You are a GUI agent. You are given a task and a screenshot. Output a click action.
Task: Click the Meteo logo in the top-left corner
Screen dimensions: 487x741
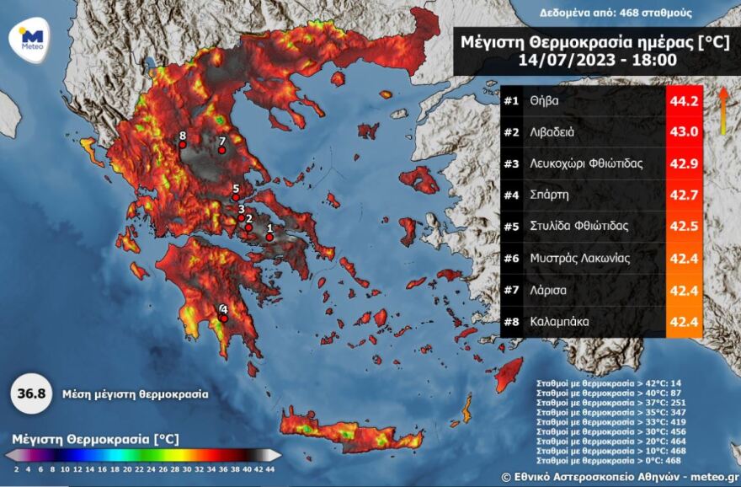click(x=31, y=39)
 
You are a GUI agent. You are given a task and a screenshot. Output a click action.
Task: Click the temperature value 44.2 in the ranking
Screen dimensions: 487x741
click(x=684, y=101)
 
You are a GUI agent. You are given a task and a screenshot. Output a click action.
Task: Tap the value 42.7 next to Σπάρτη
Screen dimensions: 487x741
click(x=684, y=195)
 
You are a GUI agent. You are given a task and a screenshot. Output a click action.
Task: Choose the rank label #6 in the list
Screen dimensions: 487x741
click(x=511, y=258)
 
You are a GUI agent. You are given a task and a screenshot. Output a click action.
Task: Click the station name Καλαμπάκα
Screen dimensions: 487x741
click(x=560, y=321)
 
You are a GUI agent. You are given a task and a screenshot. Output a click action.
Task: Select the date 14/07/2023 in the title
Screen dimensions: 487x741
click(x=558, y=59)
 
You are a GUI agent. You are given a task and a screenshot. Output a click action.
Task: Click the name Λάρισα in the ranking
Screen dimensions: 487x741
click(x=550, y=289)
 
